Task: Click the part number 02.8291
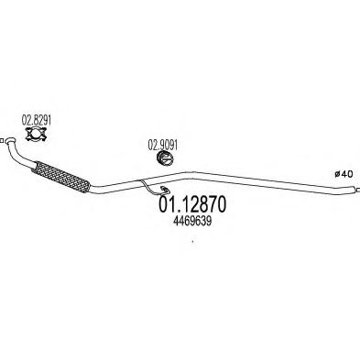click(37, 121)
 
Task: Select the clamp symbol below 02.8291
click(36, 135)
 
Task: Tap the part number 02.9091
click(162, 145)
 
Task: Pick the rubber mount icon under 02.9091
click(165, 159)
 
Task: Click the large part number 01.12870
click(192, 204)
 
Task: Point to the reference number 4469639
click(192, 221)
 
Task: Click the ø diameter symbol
click(337, 174)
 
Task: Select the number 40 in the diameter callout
click(347, 174)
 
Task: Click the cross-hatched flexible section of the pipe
click(60, 177)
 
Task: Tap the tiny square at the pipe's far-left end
click(2, 141)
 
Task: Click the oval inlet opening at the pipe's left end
click(10, 140)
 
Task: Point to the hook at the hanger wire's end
click(165, 191)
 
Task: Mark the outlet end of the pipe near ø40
click(355, 189)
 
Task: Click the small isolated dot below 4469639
click(192, 242)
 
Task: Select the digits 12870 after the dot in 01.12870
click(201, 204)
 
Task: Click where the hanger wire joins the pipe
click(141, 181)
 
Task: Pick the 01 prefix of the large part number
click(165, 204)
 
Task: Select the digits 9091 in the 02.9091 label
click(168, 145)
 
